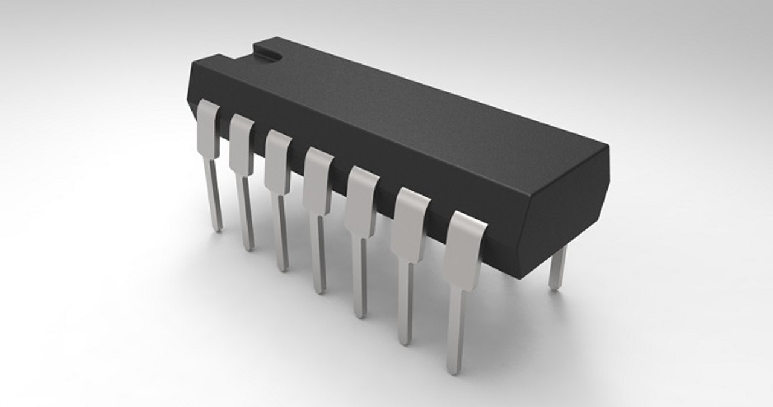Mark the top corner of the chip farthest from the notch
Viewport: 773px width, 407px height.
click(606, 146)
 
